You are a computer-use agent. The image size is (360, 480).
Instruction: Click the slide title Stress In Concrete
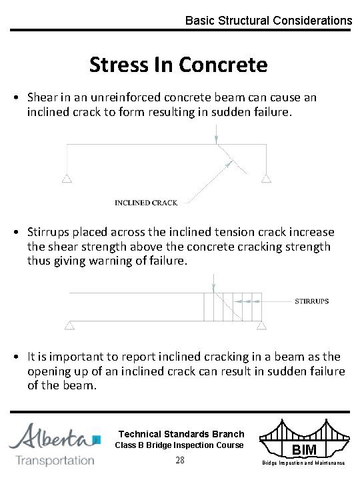click(178, 65)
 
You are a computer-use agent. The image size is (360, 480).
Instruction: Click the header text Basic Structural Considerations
click(268, 21)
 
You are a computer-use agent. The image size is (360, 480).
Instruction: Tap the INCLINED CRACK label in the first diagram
click(147, 203)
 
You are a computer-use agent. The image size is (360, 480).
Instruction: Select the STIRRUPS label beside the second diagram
click(312, 301)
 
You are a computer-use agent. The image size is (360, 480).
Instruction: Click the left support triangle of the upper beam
click(67, 178)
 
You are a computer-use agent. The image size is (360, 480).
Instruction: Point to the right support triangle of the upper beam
click(266, 178)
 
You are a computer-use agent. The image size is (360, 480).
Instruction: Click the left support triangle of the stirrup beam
click(69, 325)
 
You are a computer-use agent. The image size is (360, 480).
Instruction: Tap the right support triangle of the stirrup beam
click(262, 325)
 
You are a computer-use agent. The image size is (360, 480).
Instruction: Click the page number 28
click(179, 461)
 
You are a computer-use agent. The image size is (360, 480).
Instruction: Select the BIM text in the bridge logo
click(303, 451)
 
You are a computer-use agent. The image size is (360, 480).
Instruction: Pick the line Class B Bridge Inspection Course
click(179, 445)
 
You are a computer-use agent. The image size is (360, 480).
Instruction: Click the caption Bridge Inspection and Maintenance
click(303, 462)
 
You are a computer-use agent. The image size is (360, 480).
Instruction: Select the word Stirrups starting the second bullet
click(49, 232)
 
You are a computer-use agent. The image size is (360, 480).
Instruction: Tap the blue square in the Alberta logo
click(97, 439)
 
